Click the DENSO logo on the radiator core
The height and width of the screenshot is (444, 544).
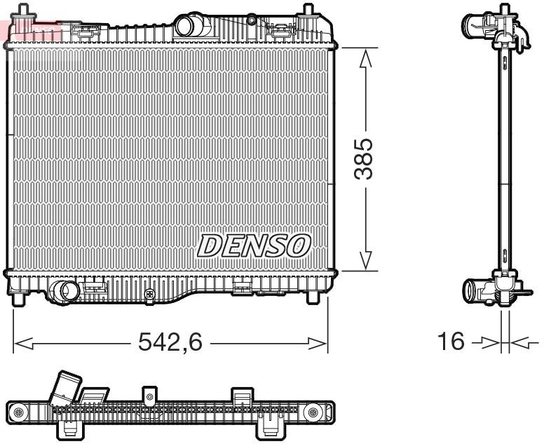(x=254, y=245)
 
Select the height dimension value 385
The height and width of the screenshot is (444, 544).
(x=364, y=159)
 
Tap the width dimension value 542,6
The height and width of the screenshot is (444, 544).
(x=170, y=343)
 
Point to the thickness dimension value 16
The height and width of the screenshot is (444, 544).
(x=451, y=342)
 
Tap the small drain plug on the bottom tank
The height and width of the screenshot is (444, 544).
(x=149, y=294)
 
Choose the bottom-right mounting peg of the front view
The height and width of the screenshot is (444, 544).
(x=313, y=298)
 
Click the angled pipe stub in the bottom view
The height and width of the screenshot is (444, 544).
(x=67, y=386)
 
